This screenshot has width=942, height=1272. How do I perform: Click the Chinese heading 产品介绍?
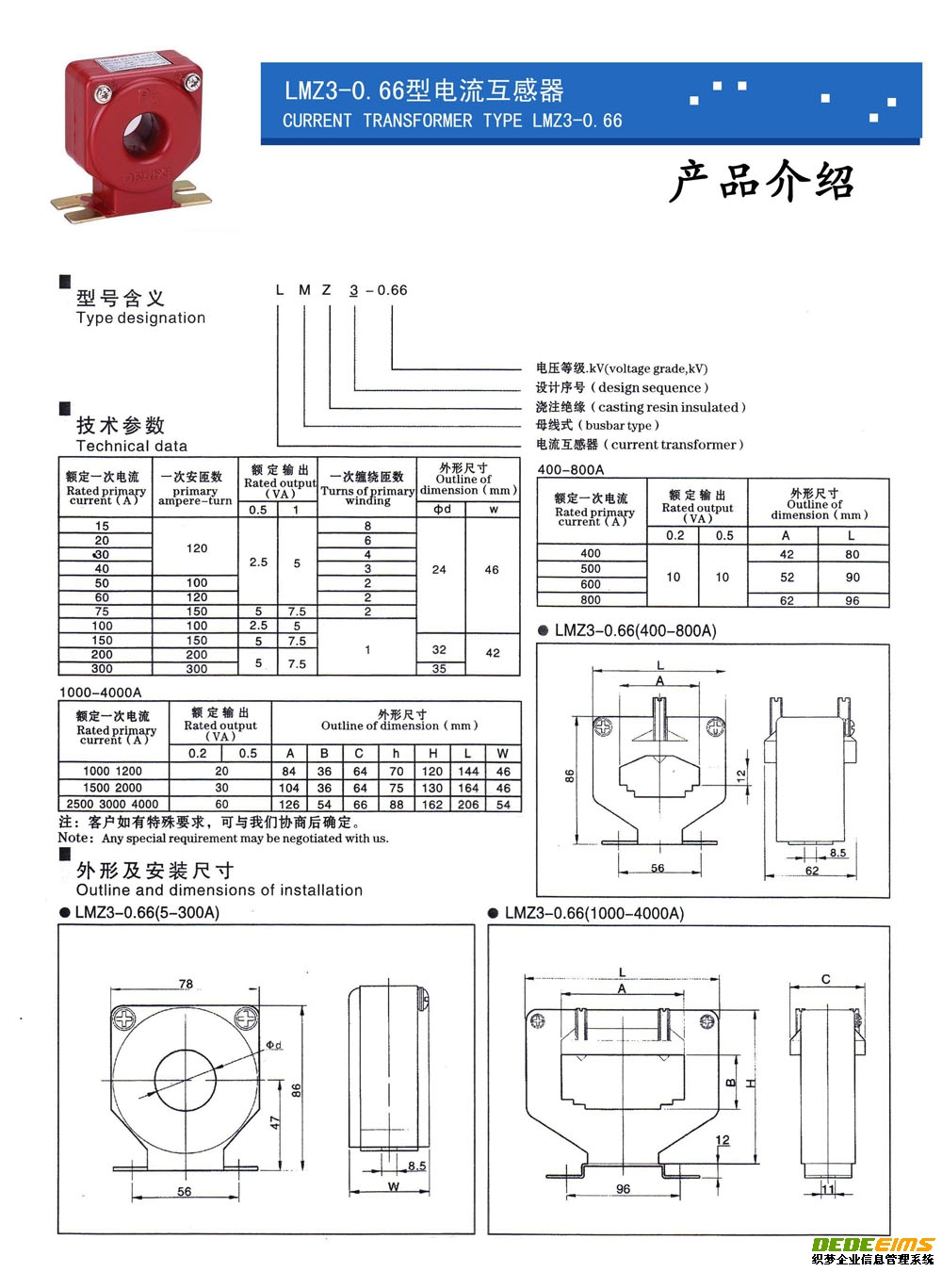click(761, 181)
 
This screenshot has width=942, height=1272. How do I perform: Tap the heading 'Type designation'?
click(140, 318)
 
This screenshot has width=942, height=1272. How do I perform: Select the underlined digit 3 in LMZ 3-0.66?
click(354, 290)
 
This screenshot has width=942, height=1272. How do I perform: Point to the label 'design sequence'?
click(649, 387)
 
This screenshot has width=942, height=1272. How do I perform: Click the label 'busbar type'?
click(622, 425)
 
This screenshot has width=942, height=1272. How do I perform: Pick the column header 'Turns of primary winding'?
click(367, 490)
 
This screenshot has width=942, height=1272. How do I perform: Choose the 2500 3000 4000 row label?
click(112, 804)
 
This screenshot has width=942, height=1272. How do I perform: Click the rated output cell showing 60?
click(221, 804)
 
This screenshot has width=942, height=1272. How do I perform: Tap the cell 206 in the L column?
click(468, 804)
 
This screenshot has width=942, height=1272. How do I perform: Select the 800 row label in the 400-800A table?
click(591, 599)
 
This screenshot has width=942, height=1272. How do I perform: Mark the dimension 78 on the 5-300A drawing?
click(186, 984)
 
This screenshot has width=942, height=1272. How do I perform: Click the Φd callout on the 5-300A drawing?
click(273, 1045)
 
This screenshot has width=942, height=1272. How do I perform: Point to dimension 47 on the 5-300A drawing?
click(276, 1123)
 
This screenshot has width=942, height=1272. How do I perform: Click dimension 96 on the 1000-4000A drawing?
click(623, 1189)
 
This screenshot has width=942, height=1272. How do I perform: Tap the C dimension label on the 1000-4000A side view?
click(825, 980)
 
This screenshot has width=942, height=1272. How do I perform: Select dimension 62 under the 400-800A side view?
click(812, 871)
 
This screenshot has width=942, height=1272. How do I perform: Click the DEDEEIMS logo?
click(872, 1245)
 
